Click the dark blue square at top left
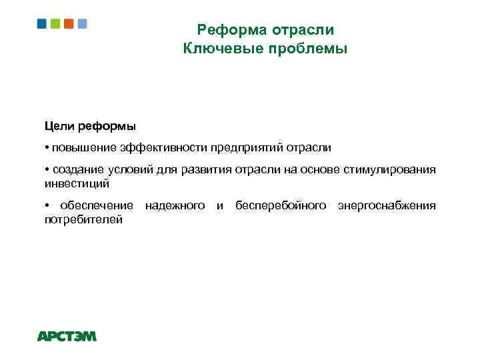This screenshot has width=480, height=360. [x=41, y=23]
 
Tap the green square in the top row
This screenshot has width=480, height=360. [x=55, y=23]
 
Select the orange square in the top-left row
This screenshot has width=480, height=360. [x=69, y=23]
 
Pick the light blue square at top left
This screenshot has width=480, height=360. [x=82, y=23]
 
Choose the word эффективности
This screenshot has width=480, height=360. [x=165, y=147]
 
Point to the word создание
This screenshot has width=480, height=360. [x=78, y=169]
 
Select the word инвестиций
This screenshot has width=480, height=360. [x=76, y=182]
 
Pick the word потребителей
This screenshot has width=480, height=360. [x=83, y=219]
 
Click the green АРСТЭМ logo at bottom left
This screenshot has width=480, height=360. [x=67, y=337]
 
